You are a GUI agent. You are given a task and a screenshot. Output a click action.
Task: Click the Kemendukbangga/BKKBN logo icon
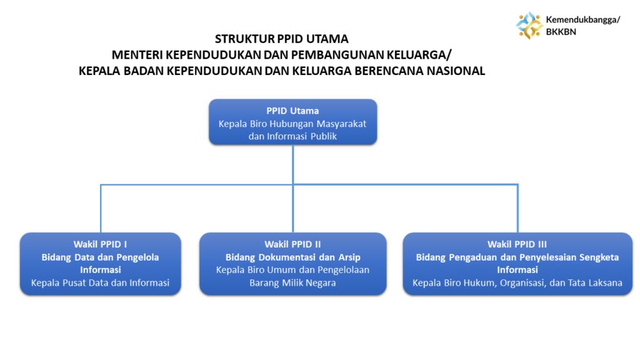point(529,25)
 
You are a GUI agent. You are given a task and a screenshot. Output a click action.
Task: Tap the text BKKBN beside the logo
point(561,32)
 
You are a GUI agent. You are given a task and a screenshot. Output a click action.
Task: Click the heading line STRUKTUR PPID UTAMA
point(282,39)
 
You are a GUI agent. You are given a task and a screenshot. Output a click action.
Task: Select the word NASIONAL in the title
point(456,71)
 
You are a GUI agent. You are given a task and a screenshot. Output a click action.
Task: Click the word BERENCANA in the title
point(389,71)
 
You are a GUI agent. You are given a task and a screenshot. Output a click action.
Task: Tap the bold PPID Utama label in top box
point(292,111)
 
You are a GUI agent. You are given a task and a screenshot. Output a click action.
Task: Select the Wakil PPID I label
point(100,244)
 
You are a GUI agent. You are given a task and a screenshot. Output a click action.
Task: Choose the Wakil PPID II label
point(292,244)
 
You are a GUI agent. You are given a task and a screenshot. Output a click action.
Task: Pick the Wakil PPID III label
point(517,244)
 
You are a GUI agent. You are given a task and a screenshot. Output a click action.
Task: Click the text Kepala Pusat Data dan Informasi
point(100,282)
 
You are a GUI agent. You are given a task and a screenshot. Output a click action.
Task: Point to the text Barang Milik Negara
point(292,282)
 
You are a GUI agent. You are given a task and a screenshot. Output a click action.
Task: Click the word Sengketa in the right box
point(599,257)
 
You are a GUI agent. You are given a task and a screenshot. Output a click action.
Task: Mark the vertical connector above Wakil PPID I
point(101,209)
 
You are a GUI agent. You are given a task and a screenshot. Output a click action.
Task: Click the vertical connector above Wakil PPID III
point(517,209)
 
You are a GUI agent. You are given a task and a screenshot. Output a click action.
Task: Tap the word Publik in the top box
point(323,136)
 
